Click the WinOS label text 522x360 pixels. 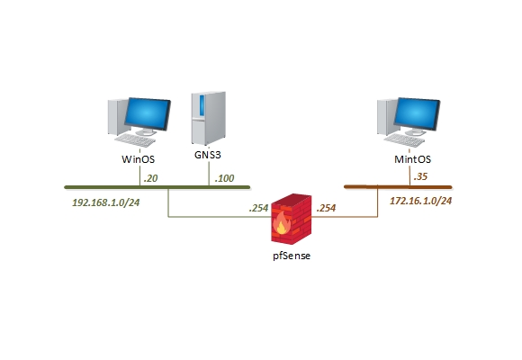pos(139,159)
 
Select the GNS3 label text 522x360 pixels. pos(208,154)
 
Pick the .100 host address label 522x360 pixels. pos(224,178)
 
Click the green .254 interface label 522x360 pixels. pos(259,208)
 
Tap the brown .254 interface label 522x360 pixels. pos(326,208)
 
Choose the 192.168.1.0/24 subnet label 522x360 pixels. pos(106,202)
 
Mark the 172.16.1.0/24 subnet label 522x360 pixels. pos(420,201)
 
